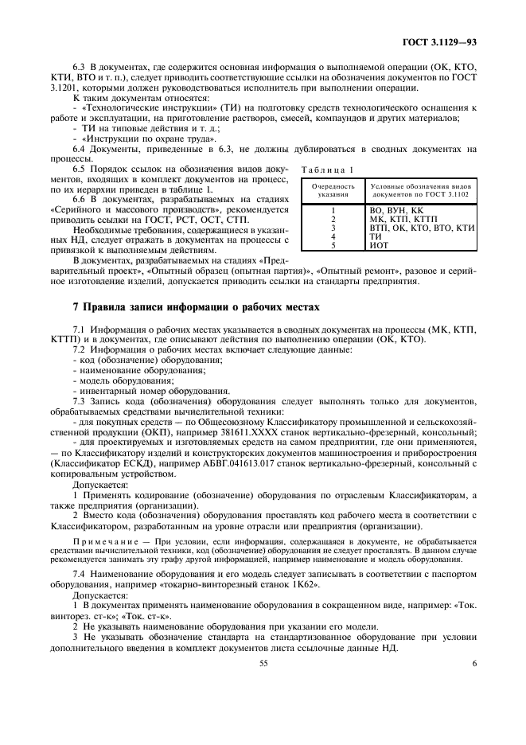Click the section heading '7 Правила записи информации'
tap(184, 308)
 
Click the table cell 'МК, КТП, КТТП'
tap(399, 217)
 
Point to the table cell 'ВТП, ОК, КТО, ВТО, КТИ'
tap(422, 227)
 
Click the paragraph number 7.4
tap(80, 573)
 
